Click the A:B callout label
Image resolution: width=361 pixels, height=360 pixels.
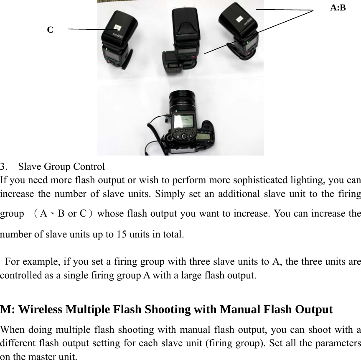point(338,8)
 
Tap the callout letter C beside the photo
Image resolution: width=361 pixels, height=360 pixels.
point(50,30)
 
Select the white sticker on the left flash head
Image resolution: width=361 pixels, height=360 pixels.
point(117,28)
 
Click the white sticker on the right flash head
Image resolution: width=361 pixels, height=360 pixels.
point(239,19)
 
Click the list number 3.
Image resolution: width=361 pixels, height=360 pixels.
point(3,167)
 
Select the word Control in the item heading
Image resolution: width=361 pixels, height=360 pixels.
point(89,167)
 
